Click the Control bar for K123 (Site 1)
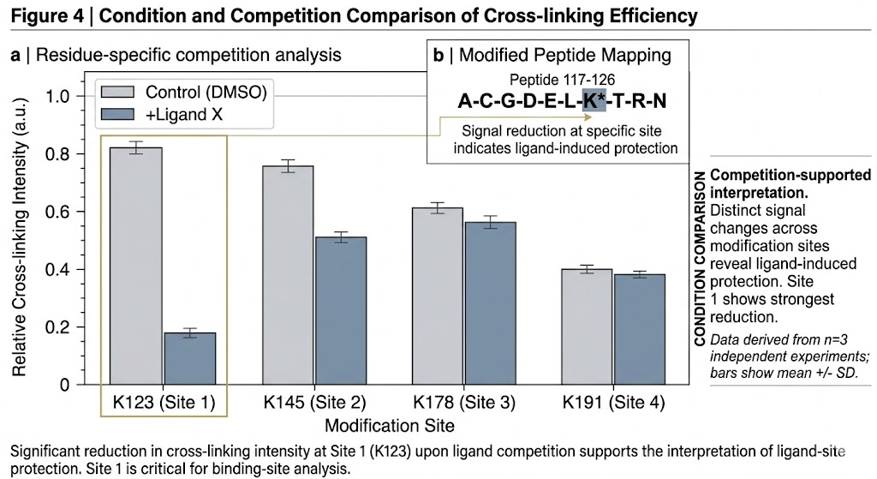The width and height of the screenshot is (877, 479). tap(136, 266)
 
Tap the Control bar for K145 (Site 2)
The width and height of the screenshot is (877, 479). tap(287, 274)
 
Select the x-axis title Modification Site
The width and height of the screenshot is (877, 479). tap(390, 423)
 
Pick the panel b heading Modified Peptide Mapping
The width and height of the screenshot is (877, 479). tap(552, 56)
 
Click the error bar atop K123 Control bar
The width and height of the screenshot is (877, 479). tap(136, 147)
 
